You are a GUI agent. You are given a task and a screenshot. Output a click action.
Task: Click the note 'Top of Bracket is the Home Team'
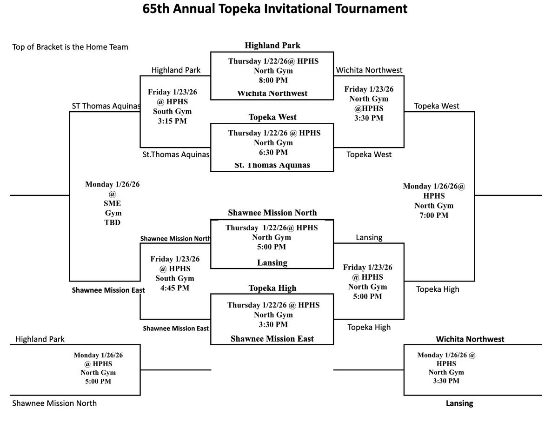coord(71,47)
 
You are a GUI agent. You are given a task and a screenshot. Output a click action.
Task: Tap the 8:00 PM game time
coord(272,80)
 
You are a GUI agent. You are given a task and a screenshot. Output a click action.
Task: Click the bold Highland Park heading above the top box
coord(272,46)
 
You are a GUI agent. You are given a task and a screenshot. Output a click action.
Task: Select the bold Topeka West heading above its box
coord(272,117)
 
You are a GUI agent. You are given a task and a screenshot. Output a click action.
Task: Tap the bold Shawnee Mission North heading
coord(272,213)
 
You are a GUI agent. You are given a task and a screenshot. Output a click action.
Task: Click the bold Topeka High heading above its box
coord(272,289)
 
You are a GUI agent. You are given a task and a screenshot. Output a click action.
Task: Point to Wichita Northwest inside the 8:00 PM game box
coord(272,93)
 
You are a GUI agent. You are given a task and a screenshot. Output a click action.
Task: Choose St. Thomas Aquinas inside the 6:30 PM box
coord(272,165)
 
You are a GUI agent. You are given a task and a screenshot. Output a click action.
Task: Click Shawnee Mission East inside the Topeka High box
coord(272,339)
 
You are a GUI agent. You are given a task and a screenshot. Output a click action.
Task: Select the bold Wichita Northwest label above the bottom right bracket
coord(470,339)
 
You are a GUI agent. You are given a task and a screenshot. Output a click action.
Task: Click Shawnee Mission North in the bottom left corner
coord(55,403)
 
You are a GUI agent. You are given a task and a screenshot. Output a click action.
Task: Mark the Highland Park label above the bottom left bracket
coord(40,339)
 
